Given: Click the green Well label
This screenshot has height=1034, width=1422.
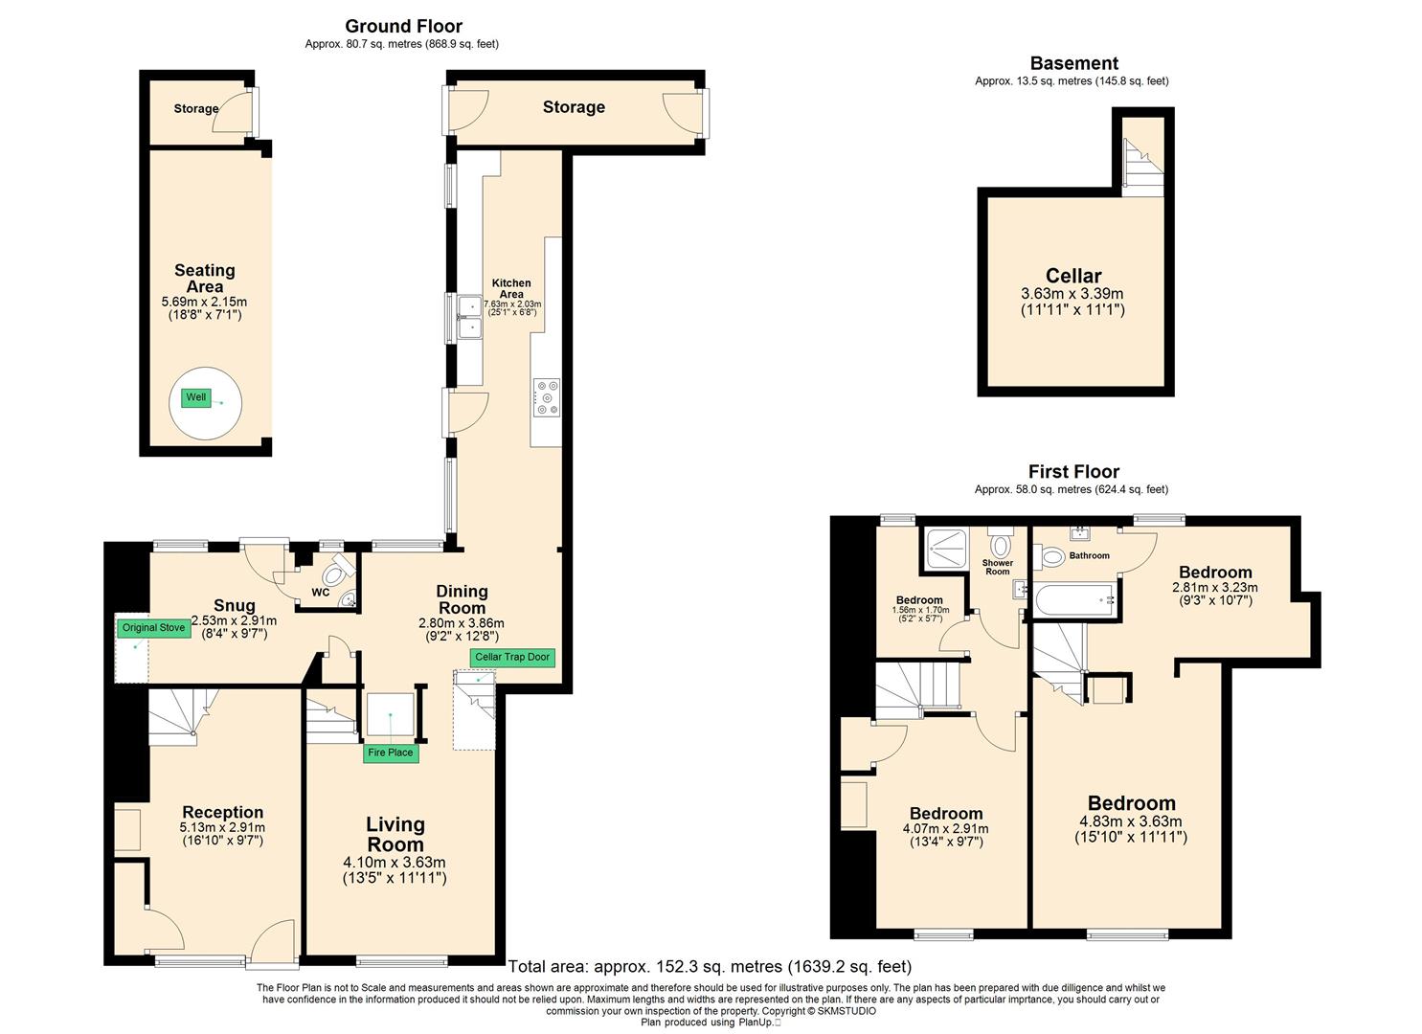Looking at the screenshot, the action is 195,397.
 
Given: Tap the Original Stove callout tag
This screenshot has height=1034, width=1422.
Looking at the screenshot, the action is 153,628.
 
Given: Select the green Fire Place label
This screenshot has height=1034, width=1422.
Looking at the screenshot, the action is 391,753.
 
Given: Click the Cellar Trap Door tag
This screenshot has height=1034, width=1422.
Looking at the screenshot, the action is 512,657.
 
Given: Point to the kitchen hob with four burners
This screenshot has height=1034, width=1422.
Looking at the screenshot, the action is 547,398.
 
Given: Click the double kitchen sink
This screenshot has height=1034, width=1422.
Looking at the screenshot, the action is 470,317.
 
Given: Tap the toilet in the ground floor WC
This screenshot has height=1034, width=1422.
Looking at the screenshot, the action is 335,573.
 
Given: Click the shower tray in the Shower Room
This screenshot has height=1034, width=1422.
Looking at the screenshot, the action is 947,549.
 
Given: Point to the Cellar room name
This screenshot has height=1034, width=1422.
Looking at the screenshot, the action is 1073,276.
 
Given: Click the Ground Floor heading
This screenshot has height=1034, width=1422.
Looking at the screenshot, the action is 404,26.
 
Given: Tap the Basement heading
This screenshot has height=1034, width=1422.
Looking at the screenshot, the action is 1074,63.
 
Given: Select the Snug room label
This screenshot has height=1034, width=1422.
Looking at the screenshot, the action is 235,605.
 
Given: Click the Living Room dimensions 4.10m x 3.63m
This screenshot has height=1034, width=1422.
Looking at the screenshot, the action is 395,863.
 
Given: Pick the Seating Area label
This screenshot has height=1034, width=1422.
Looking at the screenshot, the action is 204,279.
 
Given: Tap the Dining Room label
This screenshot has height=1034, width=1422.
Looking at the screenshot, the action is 463,600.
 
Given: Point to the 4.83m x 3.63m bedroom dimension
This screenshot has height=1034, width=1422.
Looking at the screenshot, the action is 1131,821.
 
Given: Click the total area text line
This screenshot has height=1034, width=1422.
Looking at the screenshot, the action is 710,967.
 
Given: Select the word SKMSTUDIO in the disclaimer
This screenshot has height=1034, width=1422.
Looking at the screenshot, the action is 846,1011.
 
